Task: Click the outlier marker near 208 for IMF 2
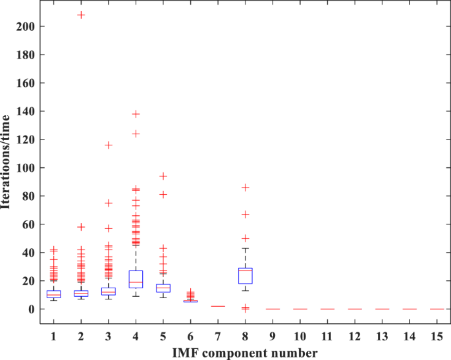pyautogui.click(x=81, y=14)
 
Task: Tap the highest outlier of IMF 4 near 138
pyautogui.click(x=136, y=114)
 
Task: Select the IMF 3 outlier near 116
pyautogui.click(x=108, y=145)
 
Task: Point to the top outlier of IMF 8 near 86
pyautogui.click(x=245, y=188)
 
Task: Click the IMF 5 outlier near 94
pyautogui.click(x=163, y=176)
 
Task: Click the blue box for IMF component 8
pyautogui.click(x=245, y=276)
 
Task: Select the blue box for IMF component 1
pyautogui.click(x=54, y=294)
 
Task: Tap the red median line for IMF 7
pyautogui.click(x=217, y=306)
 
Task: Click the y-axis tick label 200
pyautogui.click(x=26, y=26)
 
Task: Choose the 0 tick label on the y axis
pyautogui.click(x=32, y=309)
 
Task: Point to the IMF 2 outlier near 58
pyautogui.click(x=81, y=227)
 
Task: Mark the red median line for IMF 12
pyautogui.click(x=354, y=309)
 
